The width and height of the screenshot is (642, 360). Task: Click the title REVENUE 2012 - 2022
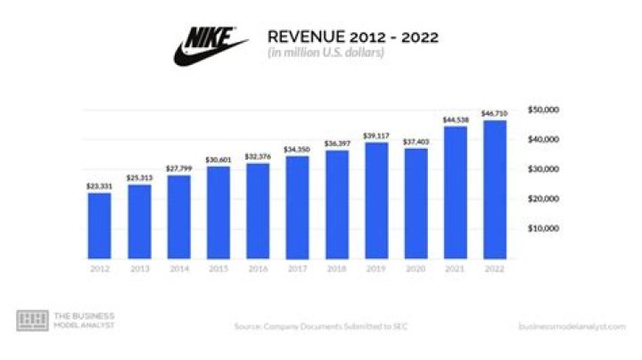(353, 37)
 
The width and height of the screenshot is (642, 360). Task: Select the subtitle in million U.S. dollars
(325, 53)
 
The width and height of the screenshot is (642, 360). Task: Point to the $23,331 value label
(99, 185)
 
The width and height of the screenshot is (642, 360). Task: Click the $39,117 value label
(375, 135)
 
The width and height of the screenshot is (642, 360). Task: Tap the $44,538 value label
(455, 119)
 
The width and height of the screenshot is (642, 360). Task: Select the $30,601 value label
(217, 160)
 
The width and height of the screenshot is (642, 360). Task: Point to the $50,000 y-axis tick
(543, 110)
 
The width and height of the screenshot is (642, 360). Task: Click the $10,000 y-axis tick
(543, 228)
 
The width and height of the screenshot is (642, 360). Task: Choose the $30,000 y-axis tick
(543, 168)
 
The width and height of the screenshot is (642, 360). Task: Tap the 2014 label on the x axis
(177, 267)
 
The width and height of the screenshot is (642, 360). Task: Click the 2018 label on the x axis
(336, 267)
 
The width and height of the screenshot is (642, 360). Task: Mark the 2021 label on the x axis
(455, 267)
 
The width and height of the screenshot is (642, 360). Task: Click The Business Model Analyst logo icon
(32, 321)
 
